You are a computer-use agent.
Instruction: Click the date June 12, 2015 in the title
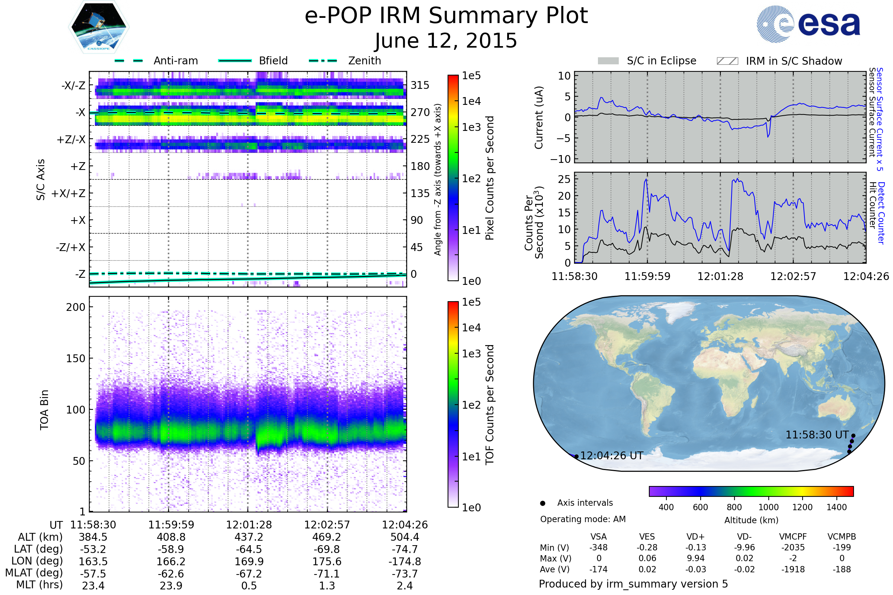[x=446, y=41]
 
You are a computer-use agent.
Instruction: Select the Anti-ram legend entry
[x=175, y=61]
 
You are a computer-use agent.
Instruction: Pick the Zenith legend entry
[x=364, y=61]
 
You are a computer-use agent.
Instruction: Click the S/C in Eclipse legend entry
[x=661, y=61]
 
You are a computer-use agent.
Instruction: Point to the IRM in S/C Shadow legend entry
[x=794, y=61]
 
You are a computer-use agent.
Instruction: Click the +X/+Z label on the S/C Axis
[x=68, y=193]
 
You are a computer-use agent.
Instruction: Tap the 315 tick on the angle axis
[x=420, y=86]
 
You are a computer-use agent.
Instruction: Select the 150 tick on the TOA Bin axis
[x=76, y=358]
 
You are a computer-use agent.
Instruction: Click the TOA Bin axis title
[x=44, y=410]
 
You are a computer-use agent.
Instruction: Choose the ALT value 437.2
[x=249, y=537]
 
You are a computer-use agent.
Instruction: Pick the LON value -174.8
[x=404, y=562]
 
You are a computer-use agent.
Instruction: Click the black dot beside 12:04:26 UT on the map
[x=576, y=457]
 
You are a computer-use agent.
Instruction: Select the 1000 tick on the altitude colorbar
[x=768, y=507]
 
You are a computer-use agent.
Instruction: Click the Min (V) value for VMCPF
[x=793, y=547]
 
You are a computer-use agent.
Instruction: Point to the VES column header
[x=647, y=537]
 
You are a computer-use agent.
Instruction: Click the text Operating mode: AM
[x=583, y=519]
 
